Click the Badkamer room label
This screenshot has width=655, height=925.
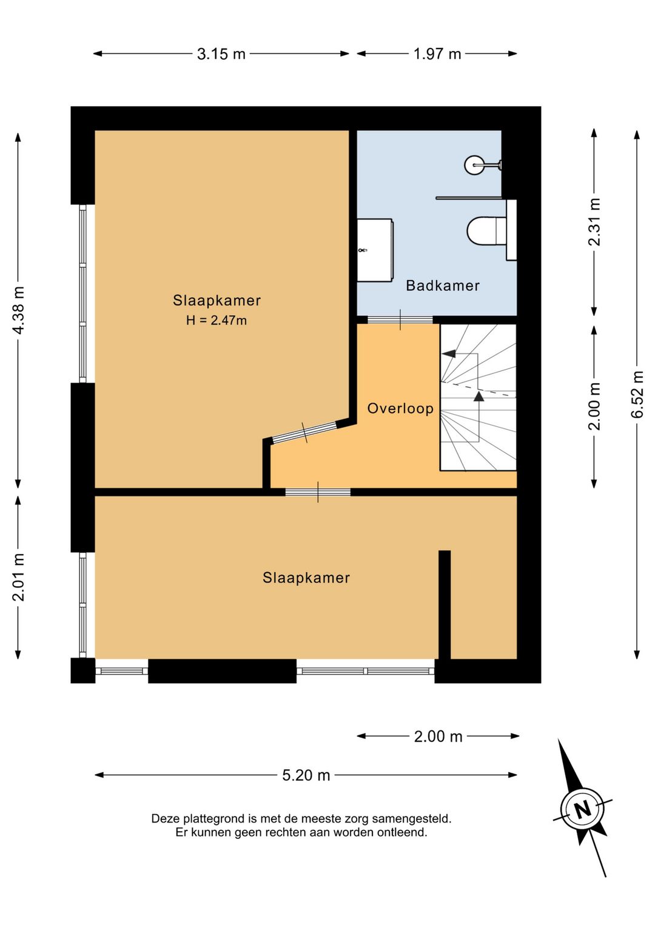pos(443,286)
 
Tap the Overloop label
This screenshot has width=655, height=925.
pos(400,409)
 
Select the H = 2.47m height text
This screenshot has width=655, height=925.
pos(216,320)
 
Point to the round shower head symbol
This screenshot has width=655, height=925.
pos(474,165)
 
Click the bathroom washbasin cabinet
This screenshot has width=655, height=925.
pos(375,250)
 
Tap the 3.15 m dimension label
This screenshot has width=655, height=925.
pos(221,54)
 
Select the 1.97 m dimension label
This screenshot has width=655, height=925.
pos(437,54)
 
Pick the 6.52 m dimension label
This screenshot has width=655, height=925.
pos(637,395)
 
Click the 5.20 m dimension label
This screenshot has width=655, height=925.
pos(306,775)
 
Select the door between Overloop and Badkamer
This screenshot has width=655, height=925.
pos(400,319)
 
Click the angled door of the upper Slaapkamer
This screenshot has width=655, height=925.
pos(304,432)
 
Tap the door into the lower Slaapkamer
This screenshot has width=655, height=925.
pos(318,492)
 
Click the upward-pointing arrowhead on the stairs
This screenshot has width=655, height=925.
pos(479,396)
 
